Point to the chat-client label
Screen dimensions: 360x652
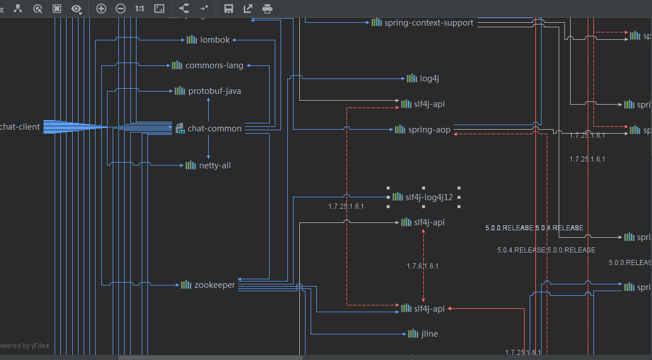[x=20, y=127]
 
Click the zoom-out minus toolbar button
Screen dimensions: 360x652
[x=121, y=8]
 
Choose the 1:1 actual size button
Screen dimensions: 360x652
[x=139, y=8]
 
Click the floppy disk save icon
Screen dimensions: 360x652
[x=229, y=8]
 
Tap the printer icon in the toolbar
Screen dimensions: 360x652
[x=267, y=8]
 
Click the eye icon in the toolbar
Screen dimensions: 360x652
[x=76, y=8]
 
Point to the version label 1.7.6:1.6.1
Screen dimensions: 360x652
[x=423, y=266]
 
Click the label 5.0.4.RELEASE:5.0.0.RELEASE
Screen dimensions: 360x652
[x=546, y=250]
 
